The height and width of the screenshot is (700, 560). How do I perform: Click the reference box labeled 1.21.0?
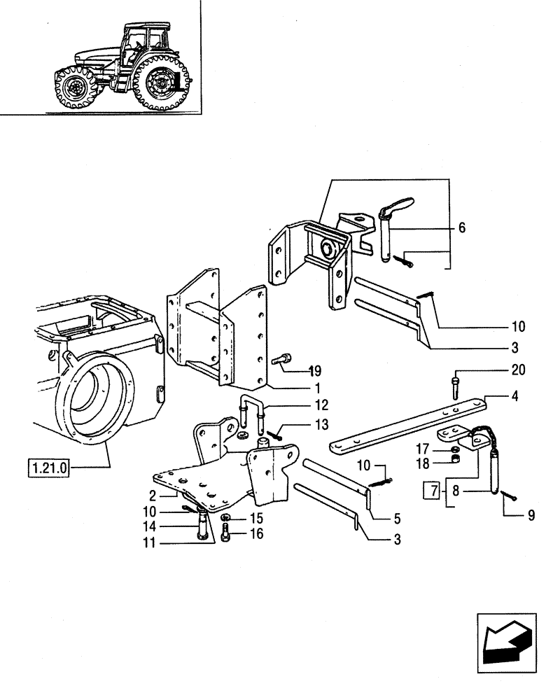(45, 467)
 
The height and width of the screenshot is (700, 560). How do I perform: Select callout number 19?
(315, 370)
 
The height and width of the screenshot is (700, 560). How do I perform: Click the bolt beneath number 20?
(456, 383)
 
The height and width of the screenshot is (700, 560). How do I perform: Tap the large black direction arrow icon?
(505, 638)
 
